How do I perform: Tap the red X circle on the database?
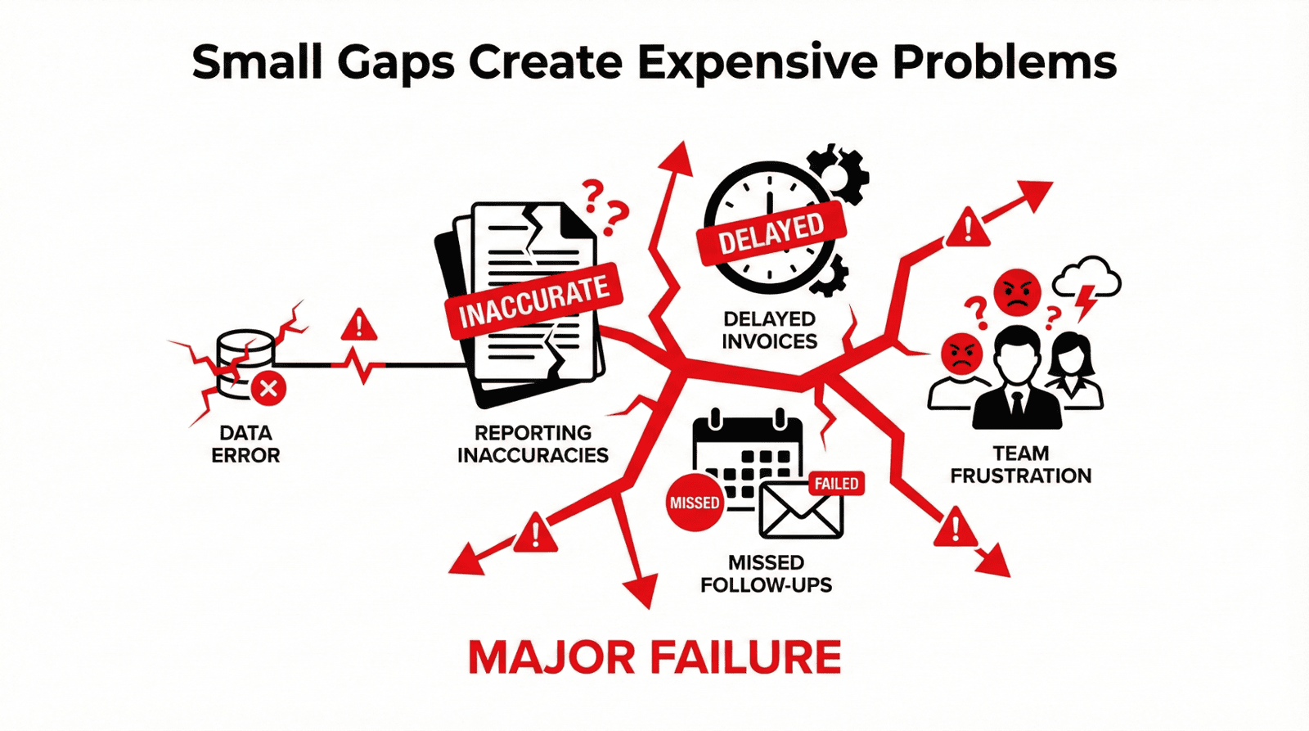coord(269,388)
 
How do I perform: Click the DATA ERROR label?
coord(245,444)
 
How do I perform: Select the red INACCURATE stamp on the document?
coord(533,300)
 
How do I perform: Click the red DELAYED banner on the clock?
coord(771,232)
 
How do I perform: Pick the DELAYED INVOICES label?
coord(770,330)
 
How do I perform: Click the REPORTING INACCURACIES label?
coord(533,444)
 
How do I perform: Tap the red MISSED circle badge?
coord(695,503)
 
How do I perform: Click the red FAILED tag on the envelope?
coord(836,484)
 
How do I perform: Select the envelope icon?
coord(801,512)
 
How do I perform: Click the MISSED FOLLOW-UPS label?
coord(766,574)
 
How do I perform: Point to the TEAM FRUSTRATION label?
coord(1020,464)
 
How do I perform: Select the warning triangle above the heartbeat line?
coord(359,325)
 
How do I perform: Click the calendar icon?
coord(748,462)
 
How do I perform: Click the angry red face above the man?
coord(1018,292)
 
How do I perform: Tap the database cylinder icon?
coord(245,364)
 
